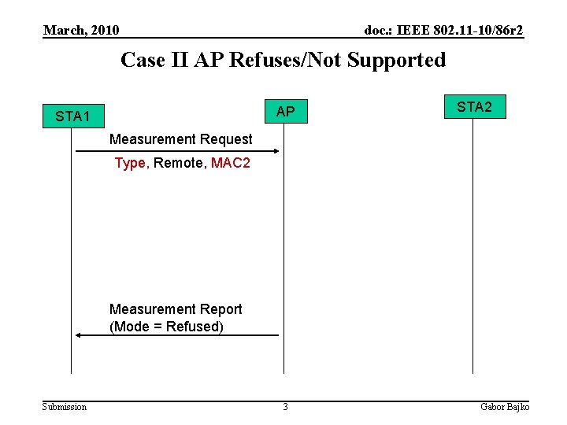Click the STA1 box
click(72, 116)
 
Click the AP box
click(285, 112)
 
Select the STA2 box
click(474, 107)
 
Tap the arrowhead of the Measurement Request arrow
click(276, 150)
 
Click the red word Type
click(130, 163)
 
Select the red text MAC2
click(231, 163)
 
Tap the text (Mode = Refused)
click(166, 327)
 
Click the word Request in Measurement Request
click(226, 139)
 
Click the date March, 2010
click(81, 31)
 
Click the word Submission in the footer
click(65, 407)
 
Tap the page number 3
click(285, 407)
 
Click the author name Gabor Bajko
click(505, 407)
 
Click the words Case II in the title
click(154, 60)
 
